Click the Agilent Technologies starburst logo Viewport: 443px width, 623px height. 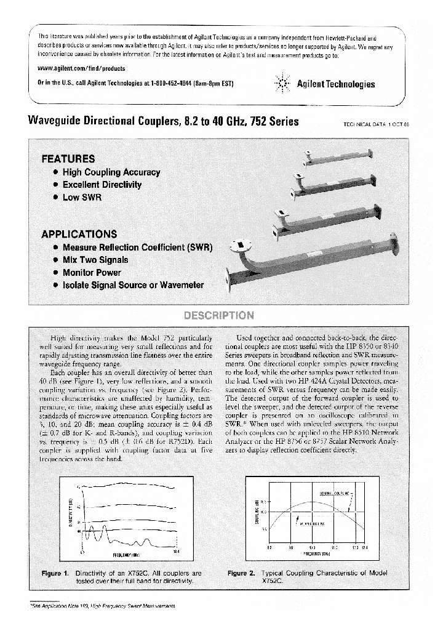point(282,84)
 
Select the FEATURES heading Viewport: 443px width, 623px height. point(68,158)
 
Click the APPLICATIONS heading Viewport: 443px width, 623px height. point(79,234)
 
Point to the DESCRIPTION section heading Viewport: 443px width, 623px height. point(219,315)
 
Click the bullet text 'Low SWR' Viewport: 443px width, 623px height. point(82,198)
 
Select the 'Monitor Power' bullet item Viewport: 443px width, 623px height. point(92,272)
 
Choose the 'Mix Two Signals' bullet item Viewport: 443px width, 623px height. point(95,260)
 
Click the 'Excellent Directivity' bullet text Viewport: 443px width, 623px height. point(102,185)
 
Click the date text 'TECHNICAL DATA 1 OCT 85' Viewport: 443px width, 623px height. point(376,124)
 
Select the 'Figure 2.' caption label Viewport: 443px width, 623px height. point(242,574)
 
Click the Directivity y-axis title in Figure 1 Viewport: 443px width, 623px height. point(71,514)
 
